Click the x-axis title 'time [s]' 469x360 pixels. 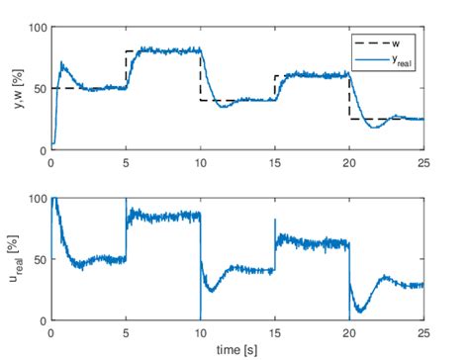point(236,348)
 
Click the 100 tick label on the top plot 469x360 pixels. point(37,28)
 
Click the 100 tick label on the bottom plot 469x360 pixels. point(37,199)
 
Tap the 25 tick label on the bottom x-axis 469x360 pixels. point(423,332)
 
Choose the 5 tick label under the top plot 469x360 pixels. point(126,161)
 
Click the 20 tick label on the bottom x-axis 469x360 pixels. point(348,332)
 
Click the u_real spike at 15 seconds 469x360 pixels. point(275,222)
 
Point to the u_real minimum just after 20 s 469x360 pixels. point(358,310)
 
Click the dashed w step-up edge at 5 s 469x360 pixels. point(126,69)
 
